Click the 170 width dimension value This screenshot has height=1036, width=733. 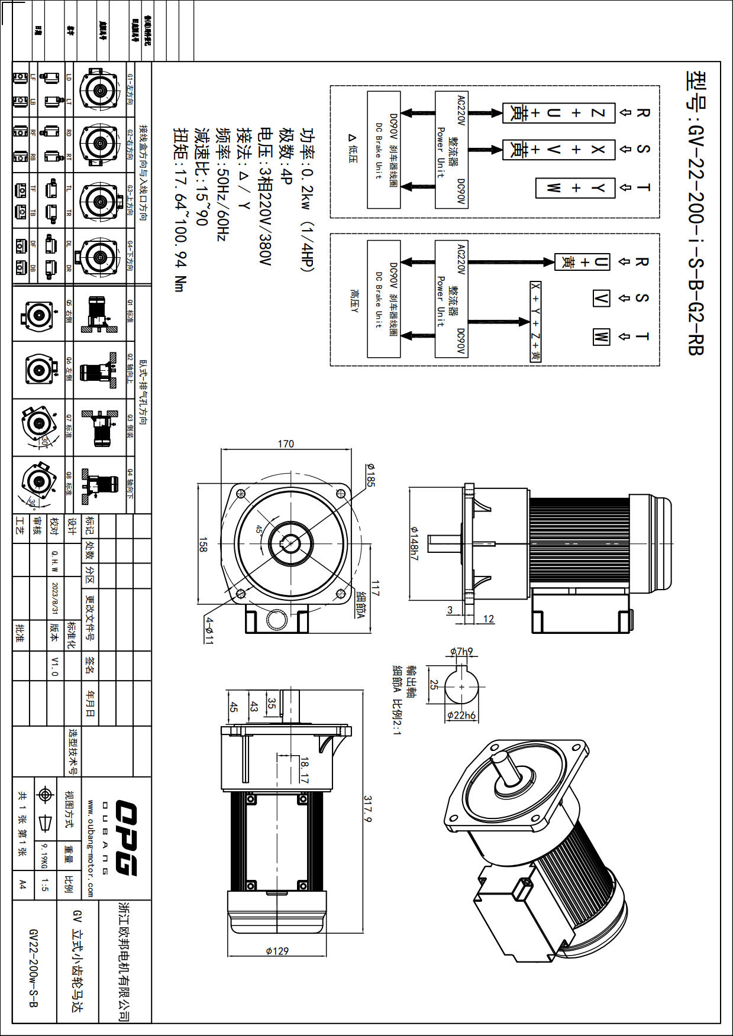click(286, 443)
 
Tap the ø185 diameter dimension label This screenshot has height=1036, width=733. click(370, 475)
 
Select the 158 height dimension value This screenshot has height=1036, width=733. click(203, 545)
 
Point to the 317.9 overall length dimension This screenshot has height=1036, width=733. click(367, 809)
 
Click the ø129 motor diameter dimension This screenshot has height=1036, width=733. click(277, 951)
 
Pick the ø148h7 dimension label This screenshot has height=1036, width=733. click(414, 543)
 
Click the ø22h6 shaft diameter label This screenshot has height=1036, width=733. click(461, 715)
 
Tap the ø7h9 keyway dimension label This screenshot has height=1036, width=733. click(461, 652)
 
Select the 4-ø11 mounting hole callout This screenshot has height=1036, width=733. click(209, 630)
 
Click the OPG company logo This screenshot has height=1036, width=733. click(125, 838)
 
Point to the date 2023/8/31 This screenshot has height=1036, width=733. click(55, 598)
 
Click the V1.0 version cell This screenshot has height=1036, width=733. click(55, 666)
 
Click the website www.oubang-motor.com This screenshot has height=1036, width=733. click(91, 849)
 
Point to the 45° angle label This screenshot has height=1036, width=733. click(259, 529)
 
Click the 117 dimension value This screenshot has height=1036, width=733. click(375, 588)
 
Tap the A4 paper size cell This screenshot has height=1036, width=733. click(22, 885)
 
